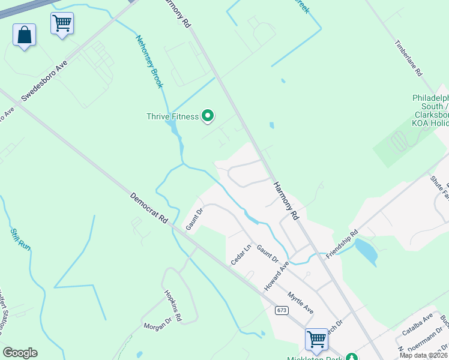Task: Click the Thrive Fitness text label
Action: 173,116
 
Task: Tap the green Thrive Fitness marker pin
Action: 208,115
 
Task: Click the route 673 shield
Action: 282,310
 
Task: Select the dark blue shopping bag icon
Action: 25,35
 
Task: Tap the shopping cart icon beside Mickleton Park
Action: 316,339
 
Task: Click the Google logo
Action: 20,353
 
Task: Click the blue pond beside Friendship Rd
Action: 366,251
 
